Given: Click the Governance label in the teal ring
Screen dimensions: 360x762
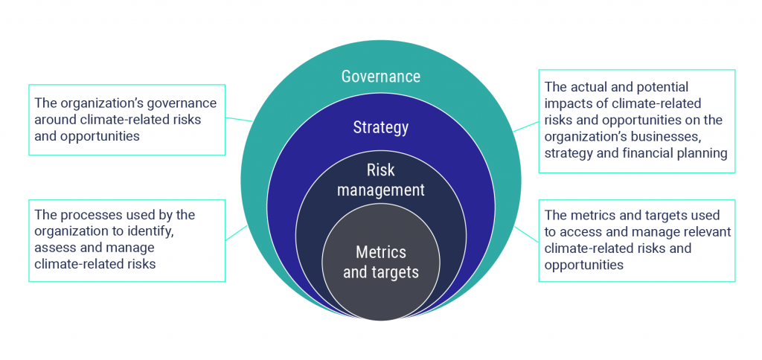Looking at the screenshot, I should click(x=380, y=77).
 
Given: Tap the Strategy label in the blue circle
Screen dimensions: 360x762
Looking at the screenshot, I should click(x=380, y=127).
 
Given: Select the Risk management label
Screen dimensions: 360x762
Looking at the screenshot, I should click(x=380, y=180).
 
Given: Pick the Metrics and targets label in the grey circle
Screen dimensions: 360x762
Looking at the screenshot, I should click(x=380, y=262).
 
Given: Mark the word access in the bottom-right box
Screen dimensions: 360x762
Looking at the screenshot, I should click(x=580, y=231).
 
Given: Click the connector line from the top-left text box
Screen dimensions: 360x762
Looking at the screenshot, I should click(x=239, y=120).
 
